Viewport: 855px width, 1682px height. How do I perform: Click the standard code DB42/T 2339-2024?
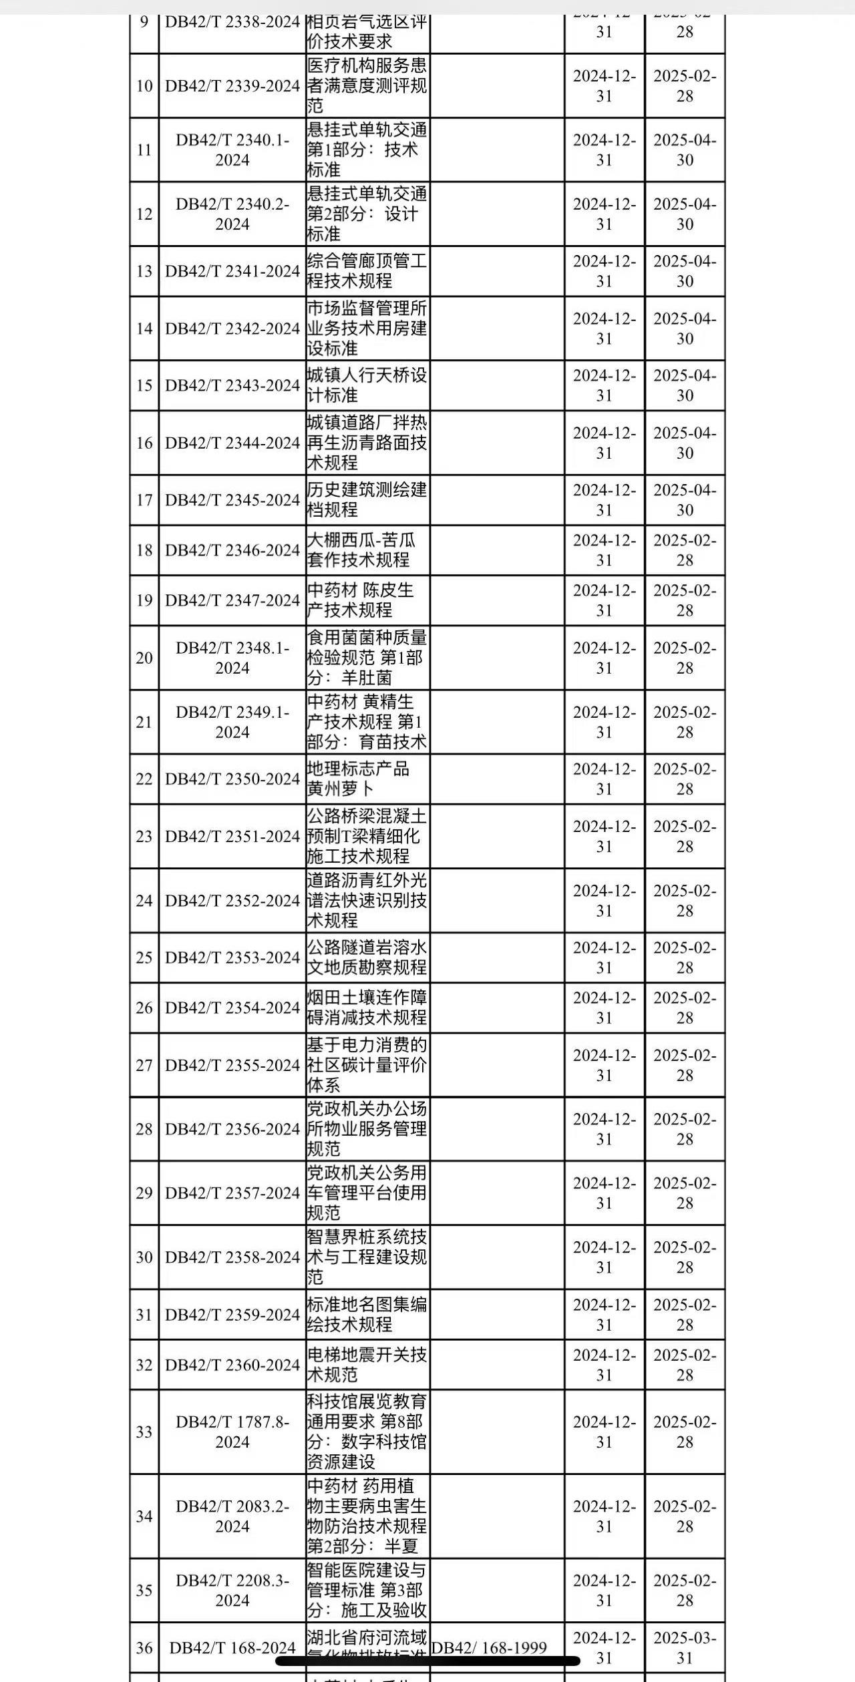click(232, 86)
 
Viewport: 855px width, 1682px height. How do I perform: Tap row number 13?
click(144, 271)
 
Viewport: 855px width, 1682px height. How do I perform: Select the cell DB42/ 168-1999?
click(489, 1648)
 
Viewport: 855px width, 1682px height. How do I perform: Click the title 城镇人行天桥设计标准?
click(367, 385)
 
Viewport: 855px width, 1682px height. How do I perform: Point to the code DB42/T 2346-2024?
click(232, 550)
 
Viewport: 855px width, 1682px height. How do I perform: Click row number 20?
click(144, 658)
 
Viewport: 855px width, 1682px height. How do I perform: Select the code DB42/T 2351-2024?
click(232, 837)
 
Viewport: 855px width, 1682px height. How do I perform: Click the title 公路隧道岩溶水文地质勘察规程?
click(367, 958)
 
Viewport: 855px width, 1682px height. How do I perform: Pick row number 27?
click(144, 1065)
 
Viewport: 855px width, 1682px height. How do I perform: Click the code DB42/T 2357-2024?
click(232, 1193)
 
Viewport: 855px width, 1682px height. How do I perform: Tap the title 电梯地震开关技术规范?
click(367, 1365)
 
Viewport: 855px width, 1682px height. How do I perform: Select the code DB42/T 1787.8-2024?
click(232, 1432)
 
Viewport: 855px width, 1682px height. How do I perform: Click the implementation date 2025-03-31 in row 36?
click(685, 1648)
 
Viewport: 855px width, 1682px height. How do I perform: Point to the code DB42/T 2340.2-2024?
click(232, 214)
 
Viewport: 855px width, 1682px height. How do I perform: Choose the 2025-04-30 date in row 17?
click(685, 500)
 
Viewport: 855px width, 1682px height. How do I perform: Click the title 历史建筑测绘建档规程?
click(367, 500)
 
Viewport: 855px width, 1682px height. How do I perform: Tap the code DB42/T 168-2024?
click(232, 1648)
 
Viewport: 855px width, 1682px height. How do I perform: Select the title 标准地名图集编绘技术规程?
click(367, 1315)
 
